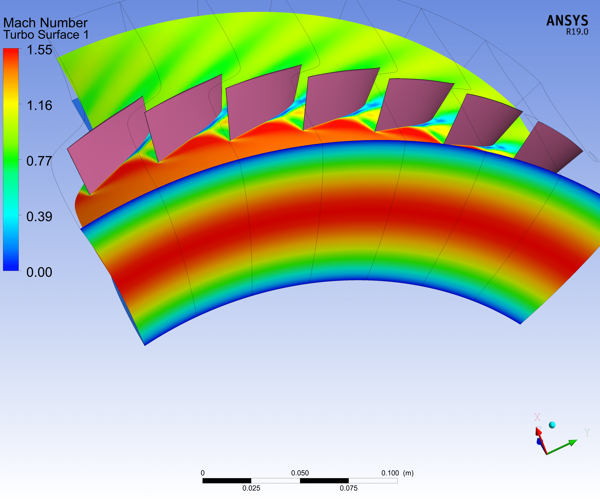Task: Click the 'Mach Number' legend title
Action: [45, 23]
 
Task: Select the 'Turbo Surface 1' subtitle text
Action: [46, 35]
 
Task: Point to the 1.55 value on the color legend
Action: [39, 50]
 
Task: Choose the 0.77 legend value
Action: [39, 161]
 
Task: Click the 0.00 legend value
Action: [39, 272]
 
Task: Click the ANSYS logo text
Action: [567, 21]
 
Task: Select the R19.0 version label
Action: [577, 32]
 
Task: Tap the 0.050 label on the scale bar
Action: [300, 473]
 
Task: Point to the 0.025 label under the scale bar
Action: [251, 488]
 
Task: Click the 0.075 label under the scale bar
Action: [348, 488]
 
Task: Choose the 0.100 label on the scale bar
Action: [390, 473]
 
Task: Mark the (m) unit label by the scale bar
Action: [408, 473]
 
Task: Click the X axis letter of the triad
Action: [537, 417]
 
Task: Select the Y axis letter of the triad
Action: [587, 433]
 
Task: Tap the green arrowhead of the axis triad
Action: [572, 443]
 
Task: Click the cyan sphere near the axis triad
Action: [552, 425]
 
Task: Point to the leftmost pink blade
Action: [109, 143]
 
